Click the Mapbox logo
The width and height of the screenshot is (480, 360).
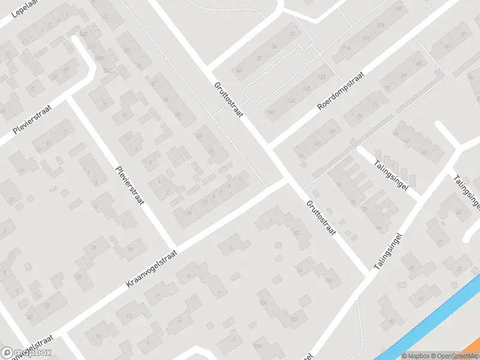(26, 353)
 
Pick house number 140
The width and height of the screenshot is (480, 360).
(272, 112)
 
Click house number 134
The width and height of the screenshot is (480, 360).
(290, 100)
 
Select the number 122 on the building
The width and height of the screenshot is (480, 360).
(322, 77)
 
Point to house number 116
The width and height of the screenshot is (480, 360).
(346, 48)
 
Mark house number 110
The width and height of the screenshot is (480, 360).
(366, 39)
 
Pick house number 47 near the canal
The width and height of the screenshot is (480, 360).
(421, 298)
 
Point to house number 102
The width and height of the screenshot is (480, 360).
(293, 319)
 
